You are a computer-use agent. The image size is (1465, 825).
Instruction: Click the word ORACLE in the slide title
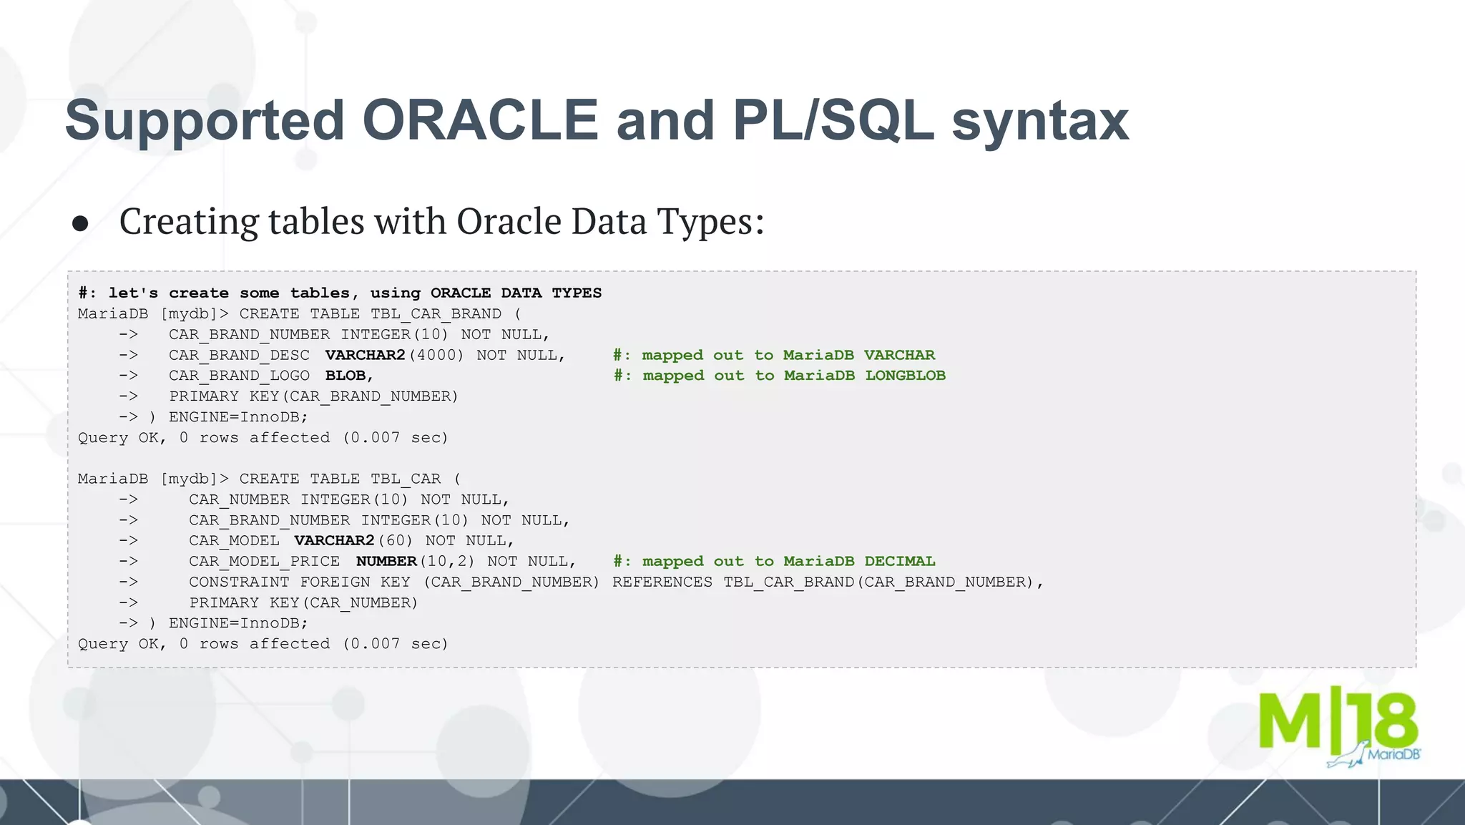pyautogui.click(x=480, y=120)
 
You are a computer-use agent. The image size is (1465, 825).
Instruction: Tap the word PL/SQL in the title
pyautogui.click(x=833, y=120)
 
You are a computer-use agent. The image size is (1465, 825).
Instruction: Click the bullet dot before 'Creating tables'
pyautogui.click(x=80, y=224)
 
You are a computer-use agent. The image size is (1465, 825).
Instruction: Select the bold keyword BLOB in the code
pyautogui.click(x=346, y=376)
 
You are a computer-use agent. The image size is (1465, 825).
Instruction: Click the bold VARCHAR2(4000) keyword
pyautogui.click(x=365, y=355)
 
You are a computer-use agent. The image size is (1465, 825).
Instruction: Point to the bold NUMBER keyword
pyautogui.click(x=386, y=561)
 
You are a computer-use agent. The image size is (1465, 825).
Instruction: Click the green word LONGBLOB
pyautogui.click(x=905, y=376)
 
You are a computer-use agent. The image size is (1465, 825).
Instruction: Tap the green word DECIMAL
pyautogui.click(x=899, y=561)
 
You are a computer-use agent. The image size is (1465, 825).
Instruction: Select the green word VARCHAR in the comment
pyautogui.click(x=899, y=355)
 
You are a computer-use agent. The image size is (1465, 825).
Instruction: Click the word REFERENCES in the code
pyautogui.click(x=662, y=582)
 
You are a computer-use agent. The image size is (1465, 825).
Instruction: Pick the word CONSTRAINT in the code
pyautogui.click(x=239, y=582)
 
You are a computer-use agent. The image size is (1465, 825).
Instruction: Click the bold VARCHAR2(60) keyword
pyautogui.click(x=334, y=540)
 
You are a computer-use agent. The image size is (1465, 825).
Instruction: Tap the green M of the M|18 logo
pyautogui.click(x=1290, y=721)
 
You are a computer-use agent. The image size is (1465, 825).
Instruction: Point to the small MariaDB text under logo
pyautogui.click(x=1393, y=754)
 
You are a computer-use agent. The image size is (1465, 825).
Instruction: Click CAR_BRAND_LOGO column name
pyautogui.click(x=239, y=376)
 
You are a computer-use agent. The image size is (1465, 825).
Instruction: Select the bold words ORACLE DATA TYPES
pyautogui.click(x=516, y=293)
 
